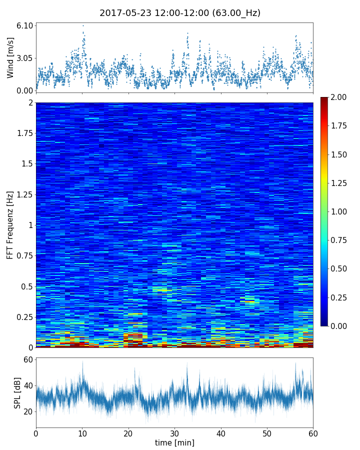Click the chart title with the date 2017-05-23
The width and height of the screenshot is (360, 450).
[x=180, y=13]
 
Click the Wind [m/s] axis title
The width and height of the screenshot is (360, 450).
[x=10, y=58]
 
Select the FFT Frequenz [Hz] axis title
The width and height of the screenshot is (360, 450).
[x=10, y=224]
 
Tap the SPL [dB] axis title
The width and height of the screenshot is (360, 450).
[x=17, y=393]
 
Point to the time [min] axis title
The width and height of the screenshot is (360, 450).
[x=174, y=442]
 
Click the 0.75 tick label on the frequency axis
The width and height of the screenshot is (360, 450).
[x=24, y=255]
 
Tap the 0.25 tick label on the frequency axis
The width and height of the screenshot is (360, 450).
[x=24, y=317]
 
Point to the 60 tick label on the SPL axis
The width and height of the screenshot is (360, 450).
[x=27, y=360]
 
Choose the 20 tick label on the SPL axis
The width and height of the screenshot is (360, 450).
[x=27, y=411]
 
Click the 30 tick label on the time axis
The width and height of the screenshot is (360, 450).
[x=174, y=432]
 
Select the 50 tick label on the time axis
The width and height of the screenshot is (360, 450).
[x=267, y=432]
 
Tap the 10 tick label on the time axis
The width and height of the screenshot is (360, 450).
[x=82, y=432]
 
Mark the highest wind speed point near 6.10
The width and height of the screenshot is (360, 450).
[x=83, y=25]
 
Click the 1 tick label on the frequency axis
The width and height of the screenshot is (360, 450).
[x=30, y=225]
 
